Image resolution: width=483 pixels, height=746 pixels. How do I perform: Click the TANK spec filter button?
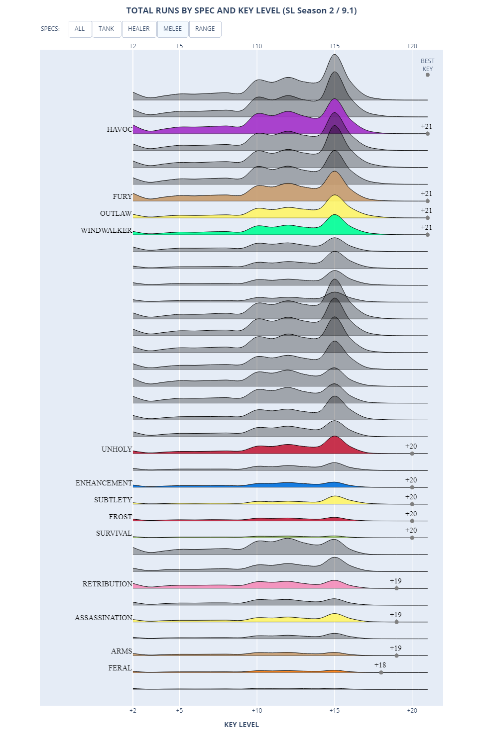(106, 29)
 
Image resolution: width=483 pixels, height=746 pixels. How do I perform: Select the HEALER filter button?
(138, 29)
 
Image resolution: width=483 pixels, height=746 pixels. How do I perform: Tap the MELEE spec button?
(172, 29)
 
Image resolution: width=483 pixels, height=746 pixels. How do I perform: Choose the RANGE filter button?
(205, 29)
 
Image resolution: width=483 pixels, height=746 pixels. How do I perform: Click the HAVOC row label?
(120, 129)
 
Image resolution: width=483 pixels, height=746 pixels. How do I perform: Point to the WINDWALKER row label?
(106, 230)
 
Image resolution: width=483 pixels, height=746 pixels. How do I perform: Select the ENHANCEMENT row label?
(104, 483)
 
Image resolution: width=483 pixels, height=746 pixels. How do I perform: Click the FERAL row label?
(120, 668)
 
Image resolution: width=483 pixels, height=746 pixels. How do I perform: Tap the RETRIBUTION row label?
(107, 584)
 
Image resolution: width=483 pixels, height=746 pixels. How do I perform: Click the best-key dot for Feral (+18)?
(381, 672)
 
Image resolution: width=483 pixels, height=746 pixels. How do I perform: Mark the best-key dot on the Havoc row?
(428, 134)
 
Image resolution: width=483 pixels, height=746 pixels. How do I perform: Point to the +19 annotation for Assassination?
(395, 615)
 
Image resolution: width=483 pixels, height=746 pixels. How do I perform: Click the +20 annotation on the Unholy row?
(411, 446)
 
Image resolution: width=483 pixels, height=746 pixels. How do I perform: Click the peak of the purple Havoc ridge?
(335, 99)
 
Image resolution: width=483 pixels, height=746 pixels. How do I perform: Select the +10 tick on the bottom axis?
(257, 710)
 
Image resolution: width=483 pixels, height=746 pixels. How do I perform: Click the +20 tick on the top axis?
(412, 46)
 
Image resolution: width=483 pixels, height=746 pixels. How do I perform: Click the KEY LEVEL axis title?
(241, 725)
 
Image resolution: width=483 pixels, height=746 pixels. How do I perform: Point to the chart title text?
(241, 10)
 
